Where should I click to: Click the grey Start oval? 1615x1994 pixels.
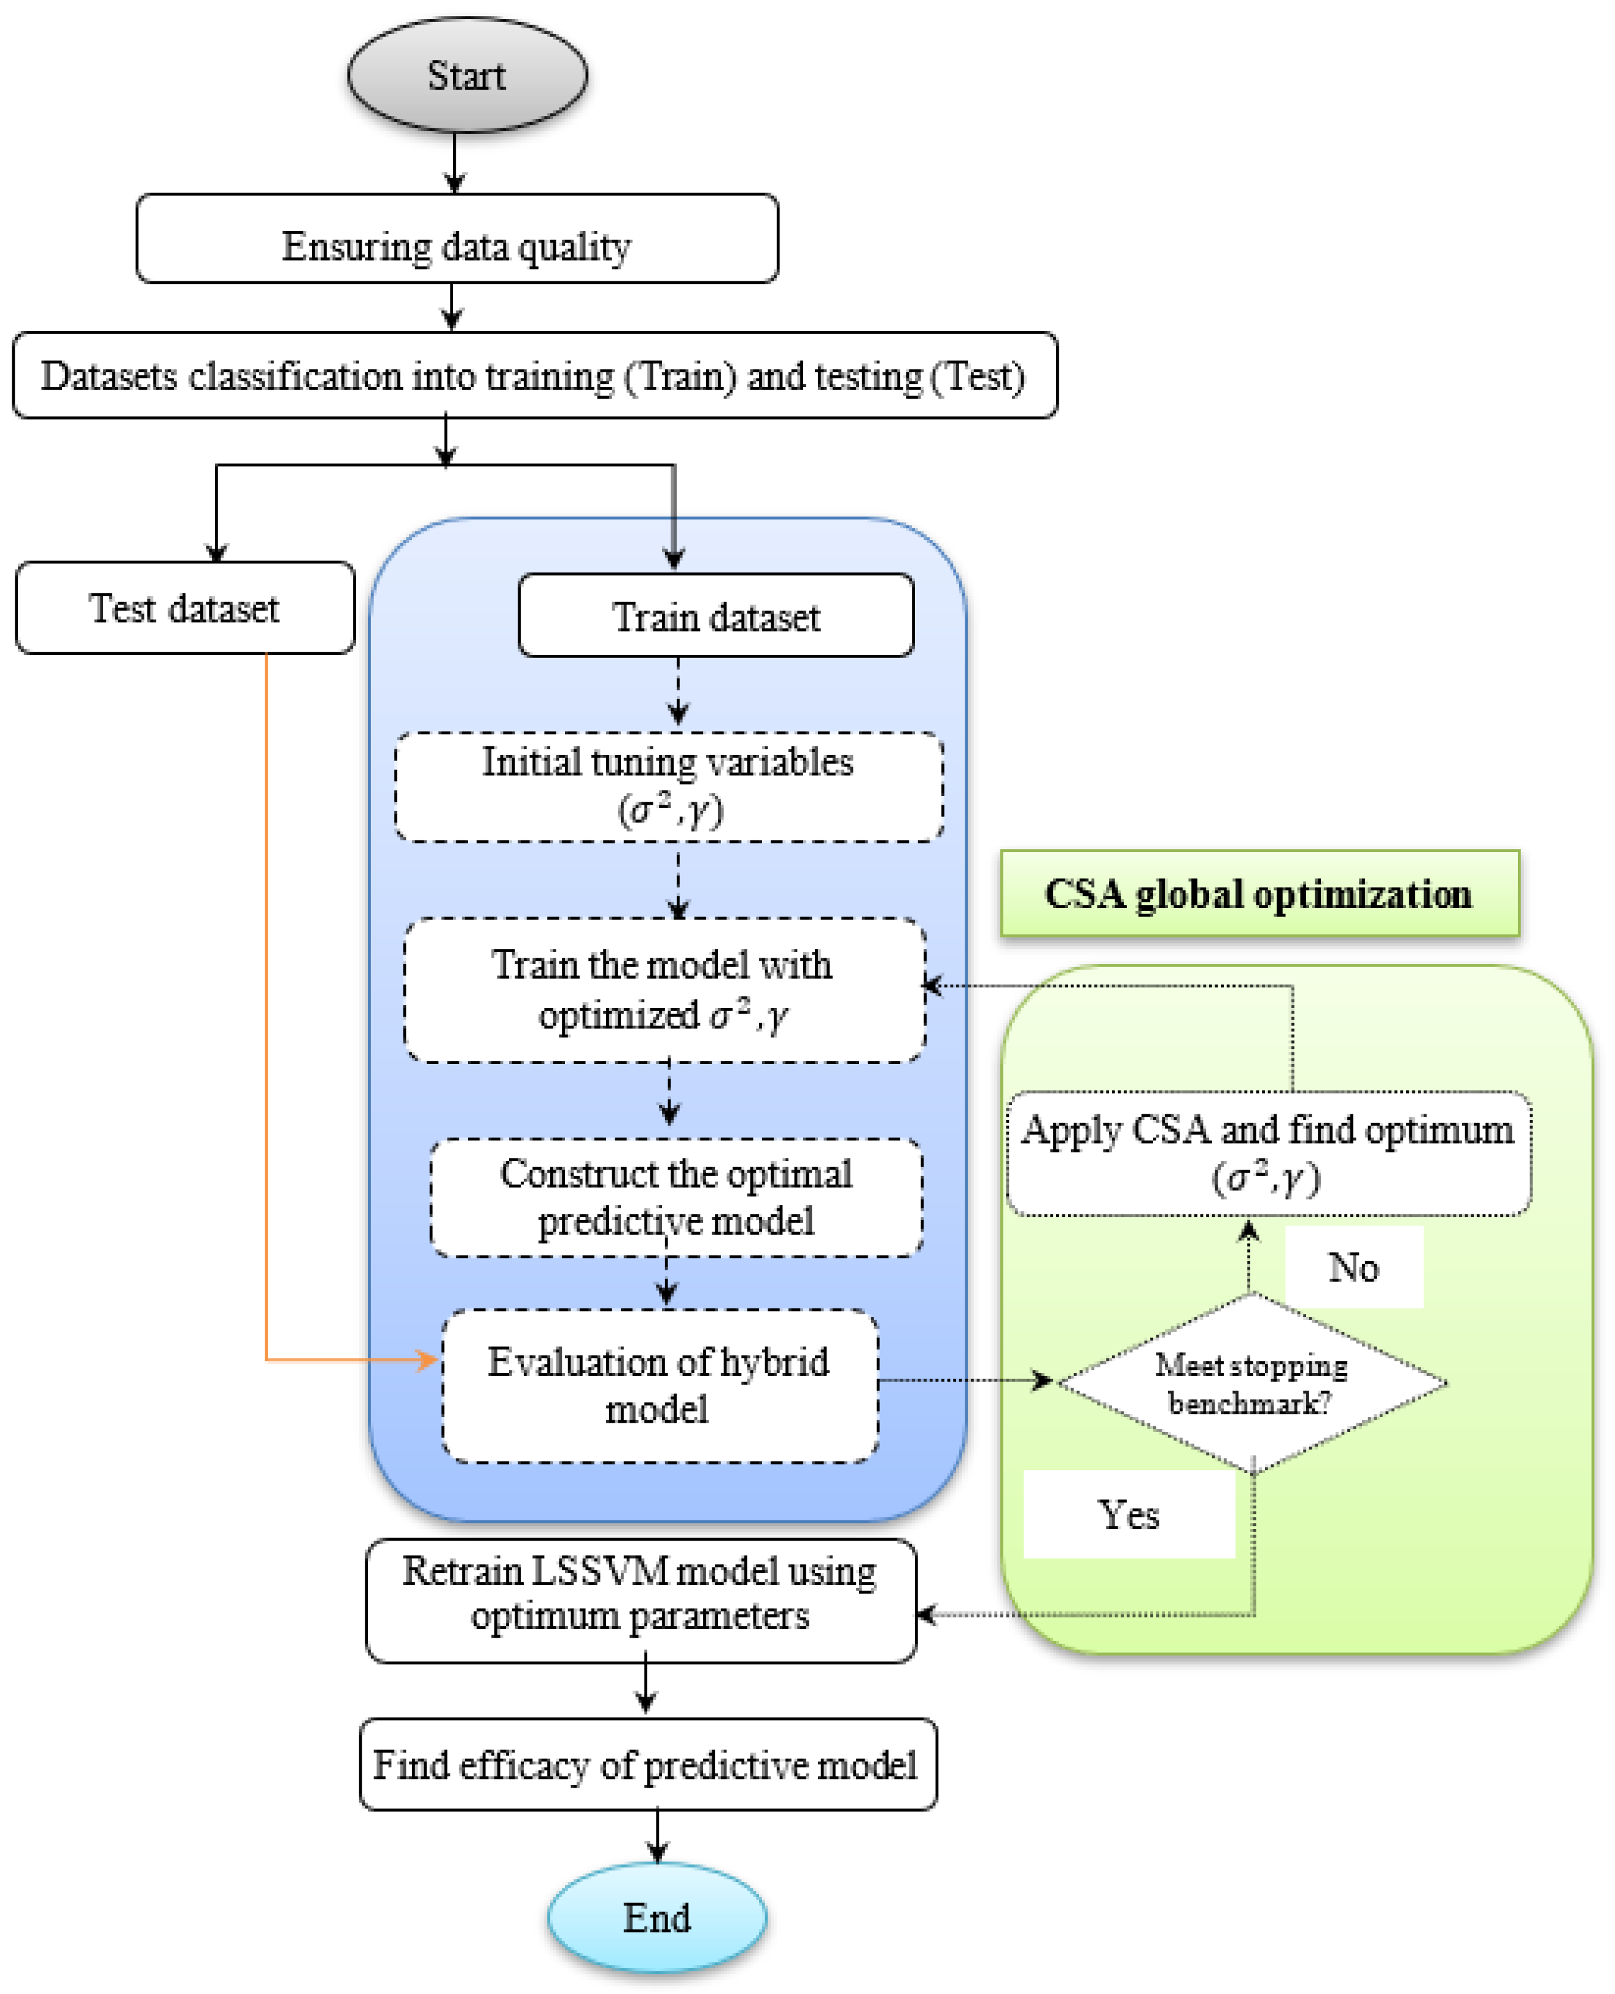click(x=467, y=74)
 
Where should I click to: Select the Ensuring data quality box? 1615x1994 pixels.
click(x=457, y=238)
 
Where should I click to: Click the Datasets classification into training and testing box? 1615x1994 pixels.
click(x=534, y=375)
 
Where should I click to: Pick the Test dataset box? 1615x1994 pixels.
click(x=184, y=608)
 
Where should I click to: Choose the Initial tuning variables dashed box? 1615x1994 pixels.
click(x=669, y=787)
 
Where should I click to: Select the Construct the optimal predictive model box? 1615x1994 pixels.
click(x=676, y=1197)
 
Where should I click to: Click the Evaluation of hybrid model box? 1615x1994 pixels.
click(x=660, y=1385)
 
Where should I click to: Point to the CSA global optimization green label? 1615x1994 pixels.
click(x=1259, y=893)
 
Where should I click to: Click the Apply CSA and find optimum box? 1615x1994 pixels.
click(x=1268, y=1154)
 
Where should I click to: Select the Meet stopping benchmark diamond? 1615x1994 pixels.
click(x=1251, y=1383)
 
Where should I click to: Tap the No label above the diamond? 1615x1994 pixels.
click(x=1353, y=1267)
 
